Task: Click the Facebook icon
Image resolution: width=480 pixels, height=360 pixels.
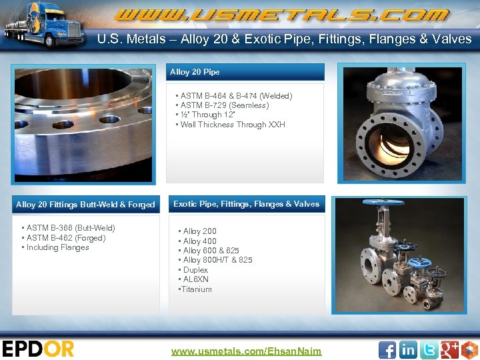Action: [387, 349]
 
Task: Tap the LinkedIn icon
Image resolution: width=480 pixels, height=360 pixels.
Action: [408, 349]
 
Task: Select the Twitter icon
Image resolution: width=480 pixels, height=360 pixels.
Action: [429, 349]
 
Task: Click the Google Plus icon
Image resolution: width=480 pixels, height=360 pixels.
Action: [449, 349]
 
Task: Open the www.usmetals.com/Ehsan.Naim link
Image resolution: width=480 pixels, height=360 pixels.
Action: [246, 351]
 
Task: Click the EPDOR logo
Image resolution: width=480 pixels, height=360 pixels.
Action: [38, 349]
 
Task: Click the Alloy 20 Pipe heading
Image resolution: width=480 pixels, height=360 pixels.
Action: [195, 72]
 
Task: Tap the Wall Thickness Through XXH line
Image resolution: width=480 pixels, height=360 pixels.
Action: [232, 125]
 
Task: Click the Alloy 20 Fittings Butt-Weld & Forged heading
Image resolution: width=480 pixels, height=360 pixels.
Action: [85, 205]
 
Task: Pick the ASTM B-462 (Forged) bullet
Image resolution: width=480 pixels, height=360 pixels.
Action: [65, 238]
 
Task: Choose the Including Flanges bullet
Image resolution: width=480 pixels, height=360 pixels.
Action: [57, 247]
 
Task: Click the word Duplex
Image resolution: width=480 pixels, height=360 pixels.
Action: [195, 270]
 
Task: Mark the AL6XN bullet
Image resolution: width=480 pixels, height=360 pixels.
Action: [195, 279]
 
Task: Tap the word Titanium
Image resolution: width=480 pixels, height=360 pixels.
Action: [196, 289]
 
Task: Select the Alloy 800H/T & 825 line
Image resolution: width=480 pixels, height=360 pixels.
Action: [217, 260]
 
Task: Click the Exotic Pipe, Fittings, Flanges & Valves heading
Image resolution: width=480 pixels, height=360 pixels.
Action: [246, 204]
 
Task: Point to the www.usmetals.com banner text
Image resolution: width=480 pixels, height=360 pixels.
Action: [280, 15]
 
